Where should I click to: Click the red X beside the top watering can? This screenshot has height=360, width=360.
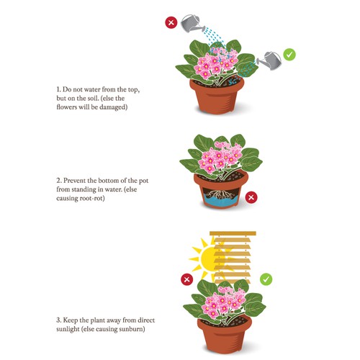coord(171,22)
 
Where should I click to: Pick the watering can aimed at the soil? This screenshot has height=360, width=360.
coord(268,60)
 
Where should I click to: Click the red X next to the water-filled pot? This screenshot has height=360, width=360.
coord(252,197)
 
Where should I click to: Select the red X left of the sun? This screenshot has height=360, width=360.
coord(186,279)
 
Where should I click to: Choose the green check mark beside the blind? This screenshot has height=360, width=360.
coord(265,278)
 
